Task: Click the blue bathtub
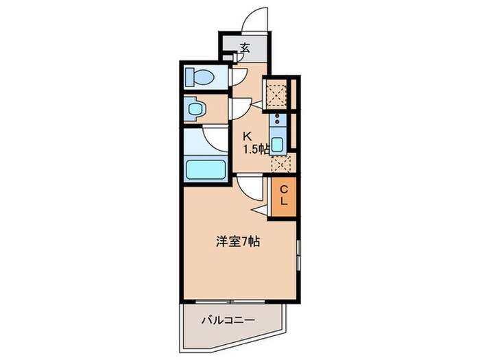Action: pyautogui.click(x=206, y=169)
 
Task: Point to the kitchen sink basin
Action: pyautogui.click(x=277, y=145)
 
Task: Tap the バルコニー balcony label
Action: pyautogui.click(x=228, y=320)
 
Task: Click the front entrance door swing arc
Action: pyautogui.click(x=257, y=17)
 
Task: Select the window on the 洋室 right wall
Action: pyautogui.click(x=298, y=254)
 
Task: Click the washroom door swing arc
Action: pyautogui.click(x=241, y=108)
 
